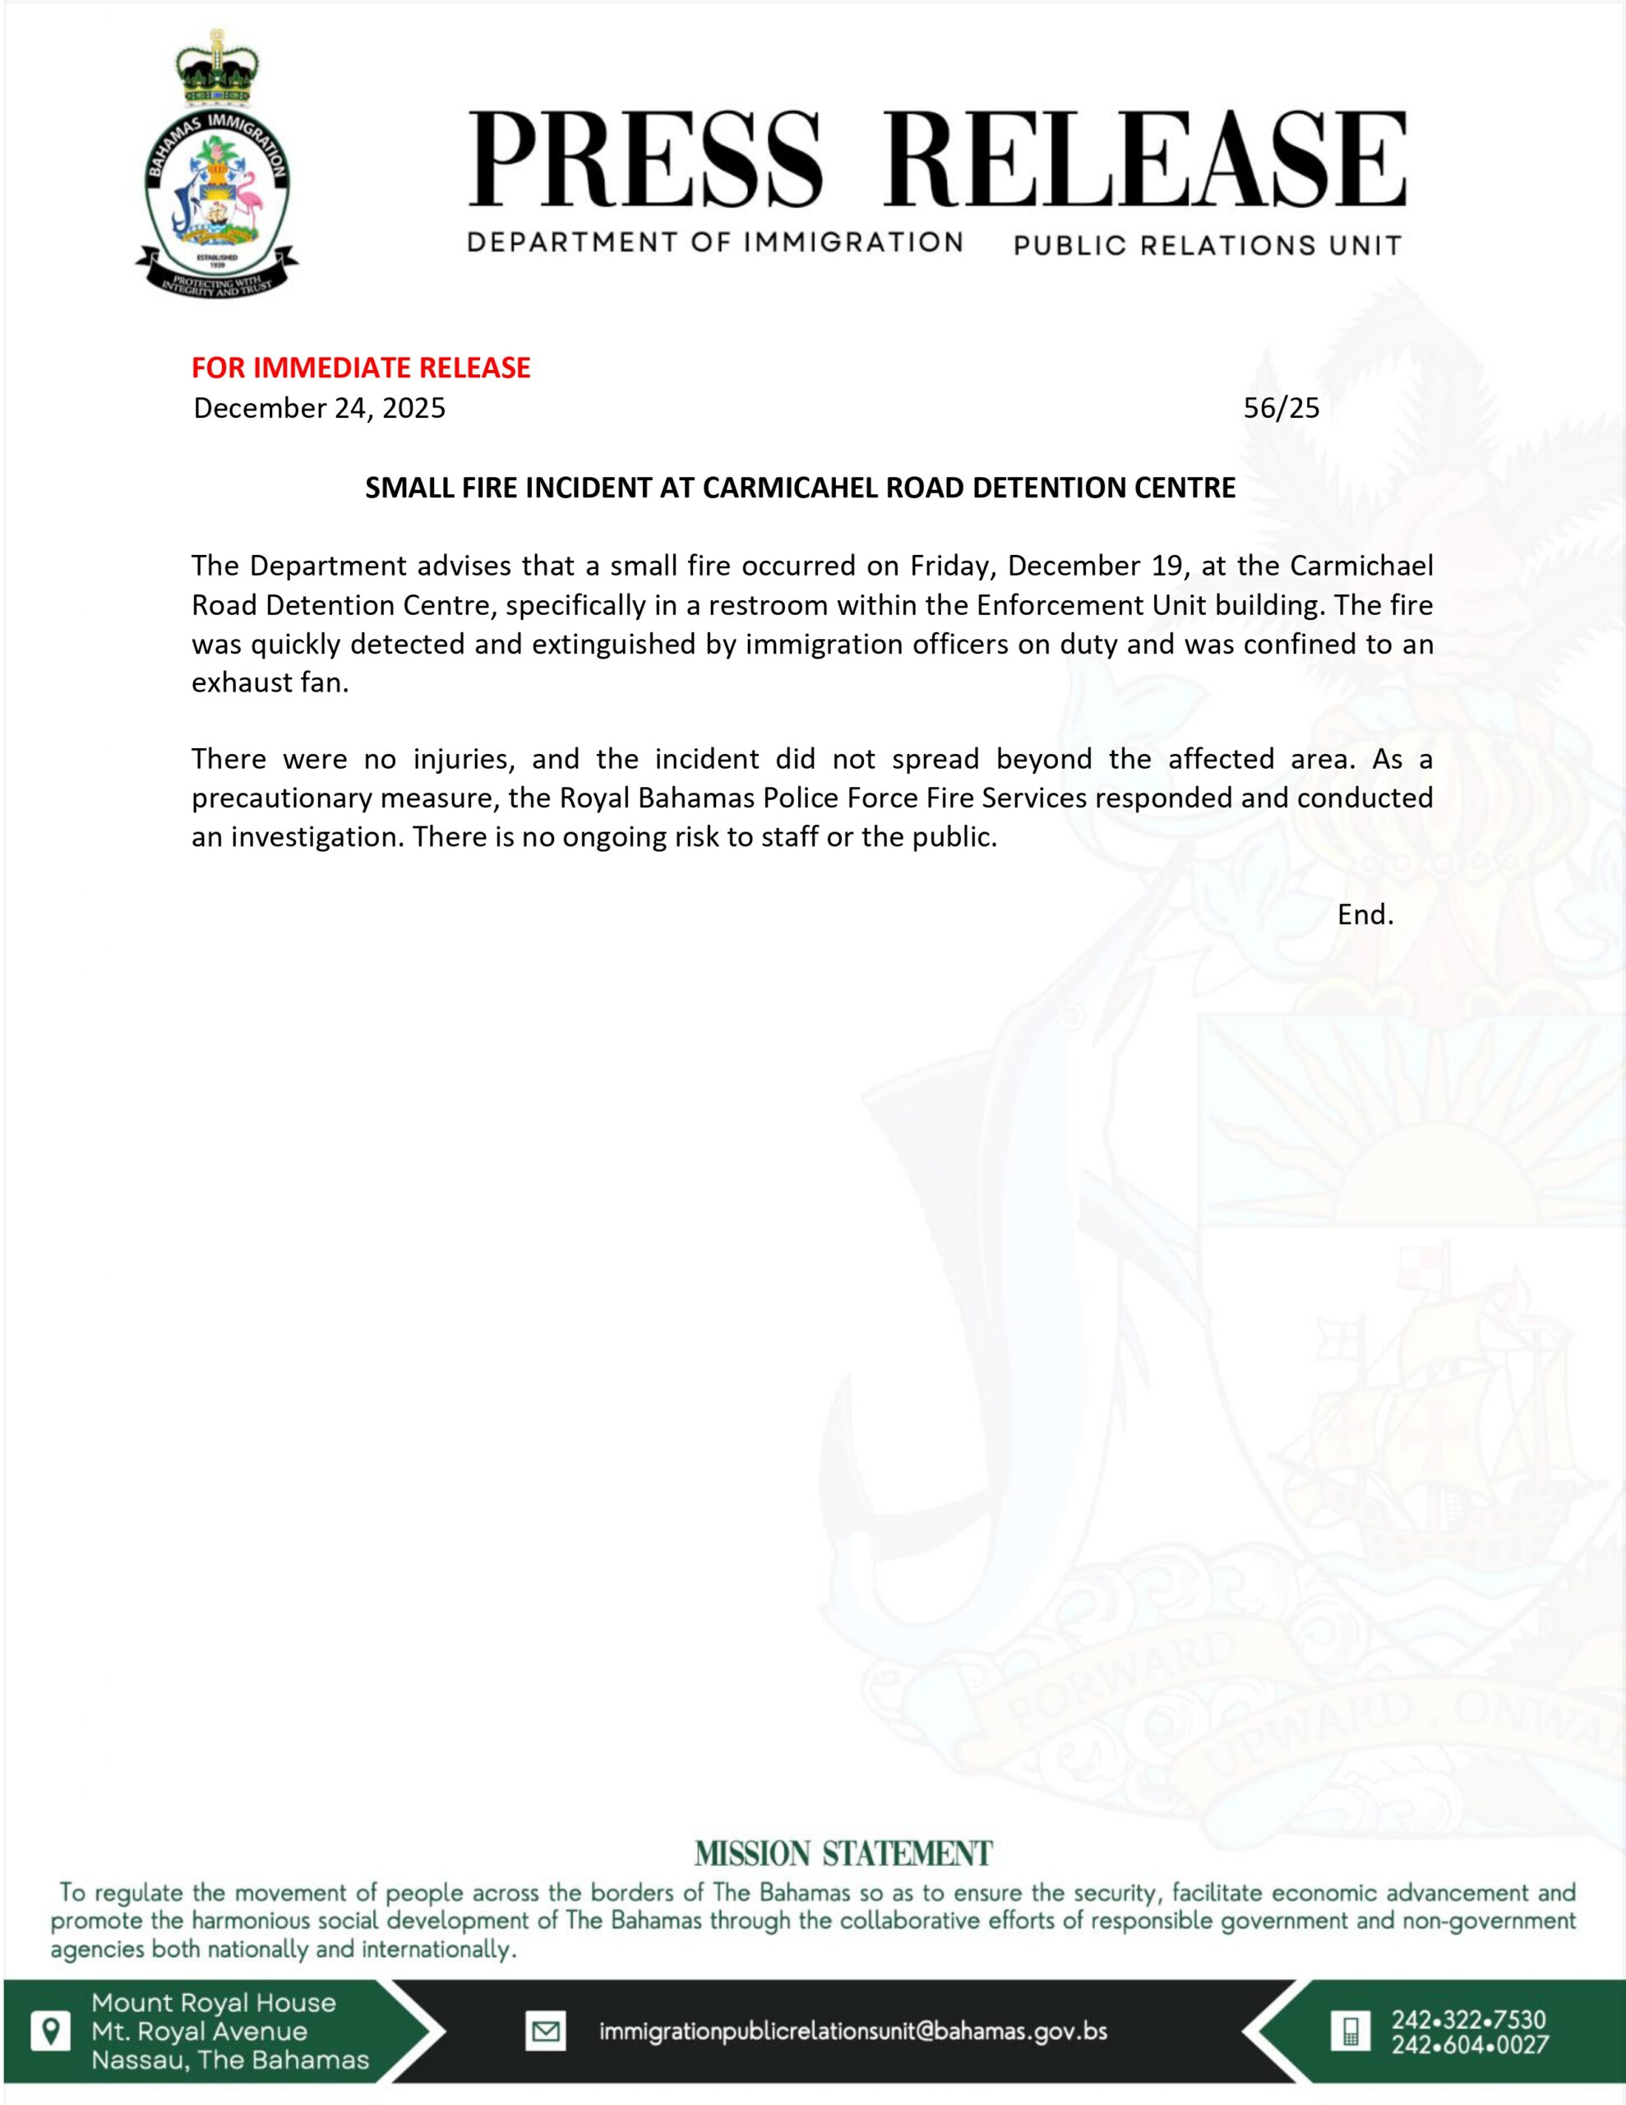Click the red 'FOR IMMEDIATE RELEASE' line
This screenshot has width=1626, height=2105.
click(361, 368)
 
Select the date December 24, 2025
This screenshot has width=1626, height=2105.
click(319, 409)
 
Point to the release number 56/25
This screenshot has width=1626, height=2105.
click(1281, 409)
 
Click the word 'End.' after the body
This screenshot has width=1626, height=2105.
click(1365, 914)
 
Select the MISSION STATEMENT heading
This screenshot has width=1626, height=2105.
click(843, 1853)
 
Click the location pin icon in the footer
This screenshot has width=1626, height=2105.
click(51, 2031)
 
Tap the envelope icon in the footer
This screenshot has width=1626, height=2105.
click(546, 2032)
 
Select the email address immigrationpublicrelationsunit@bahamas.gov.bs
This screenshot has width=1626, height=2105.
click(853, 2032)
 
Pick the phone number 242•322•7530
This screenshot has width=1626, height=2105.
click(1469, 2019)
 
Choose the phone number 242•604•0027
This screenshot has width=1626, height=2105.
click(1469, 2044)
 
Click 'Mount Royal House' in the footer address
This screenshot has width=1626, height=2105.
click(214, 2003)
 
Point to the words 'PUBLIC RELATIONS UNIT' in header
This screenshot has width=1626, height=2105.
click(1208, 246)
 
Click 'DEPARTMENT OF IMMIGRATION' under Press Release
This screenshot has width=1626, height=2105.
click(715, 242)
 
